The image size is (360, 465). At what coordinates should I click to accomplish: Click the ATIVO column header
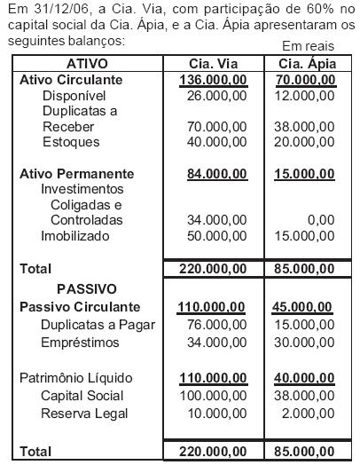click(x=87, y=65)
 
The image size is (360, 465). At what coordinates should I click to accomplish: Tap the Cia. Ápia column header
click(x=308, y=65)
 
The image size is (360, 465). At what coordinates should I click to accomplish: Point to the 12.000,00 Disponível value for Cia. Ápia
click(x=308, y=95)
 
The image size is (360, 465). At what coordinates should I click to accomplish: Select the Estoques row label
click(x=71, y=142)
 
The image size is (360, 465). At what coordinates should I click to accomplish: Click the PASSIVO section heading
click(x=87, y=288)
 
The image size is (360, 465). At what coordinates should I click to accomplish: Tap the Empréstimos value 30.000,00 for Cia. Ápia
click(x=308, y=343)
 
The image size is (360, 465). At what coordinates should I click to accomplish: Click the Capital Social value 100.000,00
click(x=213, y=396)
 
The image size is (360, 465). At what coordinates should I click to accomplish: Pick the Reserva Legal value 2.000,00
click(x=311, y=413)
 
